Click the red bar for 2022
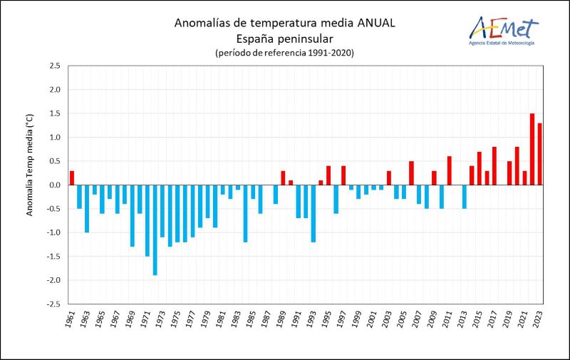tap(532, 149)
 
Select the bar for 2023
tap(540, 154)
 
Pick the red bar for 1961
tap(72, 178)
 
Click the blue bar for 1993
tap(313, 213)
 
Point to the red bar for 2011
tap(450, 170)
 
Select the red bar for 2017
tap(494, 165)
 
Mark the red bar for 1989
tap(283, 178)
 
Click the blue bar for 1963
tap(87, 208)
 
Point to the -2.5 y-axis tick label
tap(53, 304)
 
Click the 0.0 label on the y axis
tap(54, 185)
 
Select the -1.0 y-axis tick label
tap(53, 232)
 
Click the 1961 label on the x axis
tap(69, 320)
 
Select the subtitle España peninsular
tap(284, 38)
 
